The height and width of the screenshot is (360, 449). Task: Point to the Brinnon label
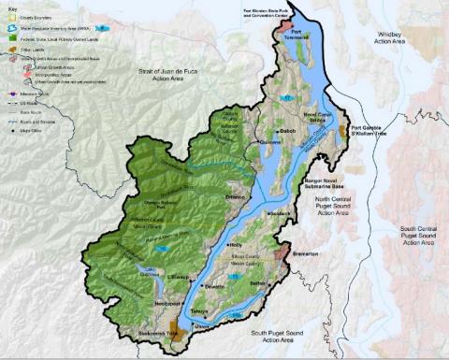point(236,199)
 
